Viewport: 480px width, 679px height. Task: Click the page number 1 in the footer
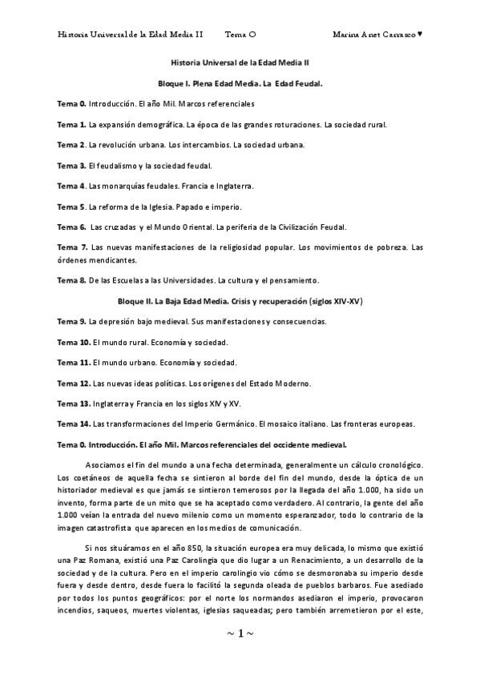pos(240,633)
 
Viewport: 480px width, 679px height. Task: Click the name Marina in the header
pos(347,34)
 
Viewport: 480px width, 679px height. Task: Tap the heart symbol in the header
pos(421,34)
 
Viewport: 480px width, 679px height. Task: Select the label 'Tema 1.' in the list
pos(72,125)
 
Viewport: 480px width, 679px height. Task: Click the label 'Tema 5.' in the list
pos(72,206)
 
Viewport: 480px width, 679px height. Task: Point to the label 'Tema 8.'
pos(72,280)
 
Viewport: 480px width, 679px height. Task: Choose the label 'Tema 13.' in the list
pos(74,403)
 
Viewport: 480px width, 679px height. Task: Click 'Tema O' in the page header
pos(240,34)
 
